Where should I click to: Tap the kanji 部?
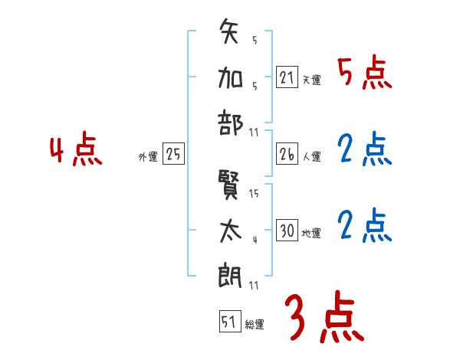[x=231, y=122]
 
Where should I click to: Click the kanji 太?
[x=231, y=230]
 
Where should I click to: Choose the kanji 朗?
[x=231, y=273]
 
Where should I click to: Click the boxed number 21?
[x=287, y=77]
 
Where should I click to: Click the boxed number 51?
[x=228, y=322]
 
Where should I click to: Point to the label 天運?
[x=311, y=80]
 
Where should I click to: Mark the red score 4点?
[x=75, y=151]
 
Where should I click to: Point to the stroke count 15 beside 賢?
[x=254, y=194]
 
